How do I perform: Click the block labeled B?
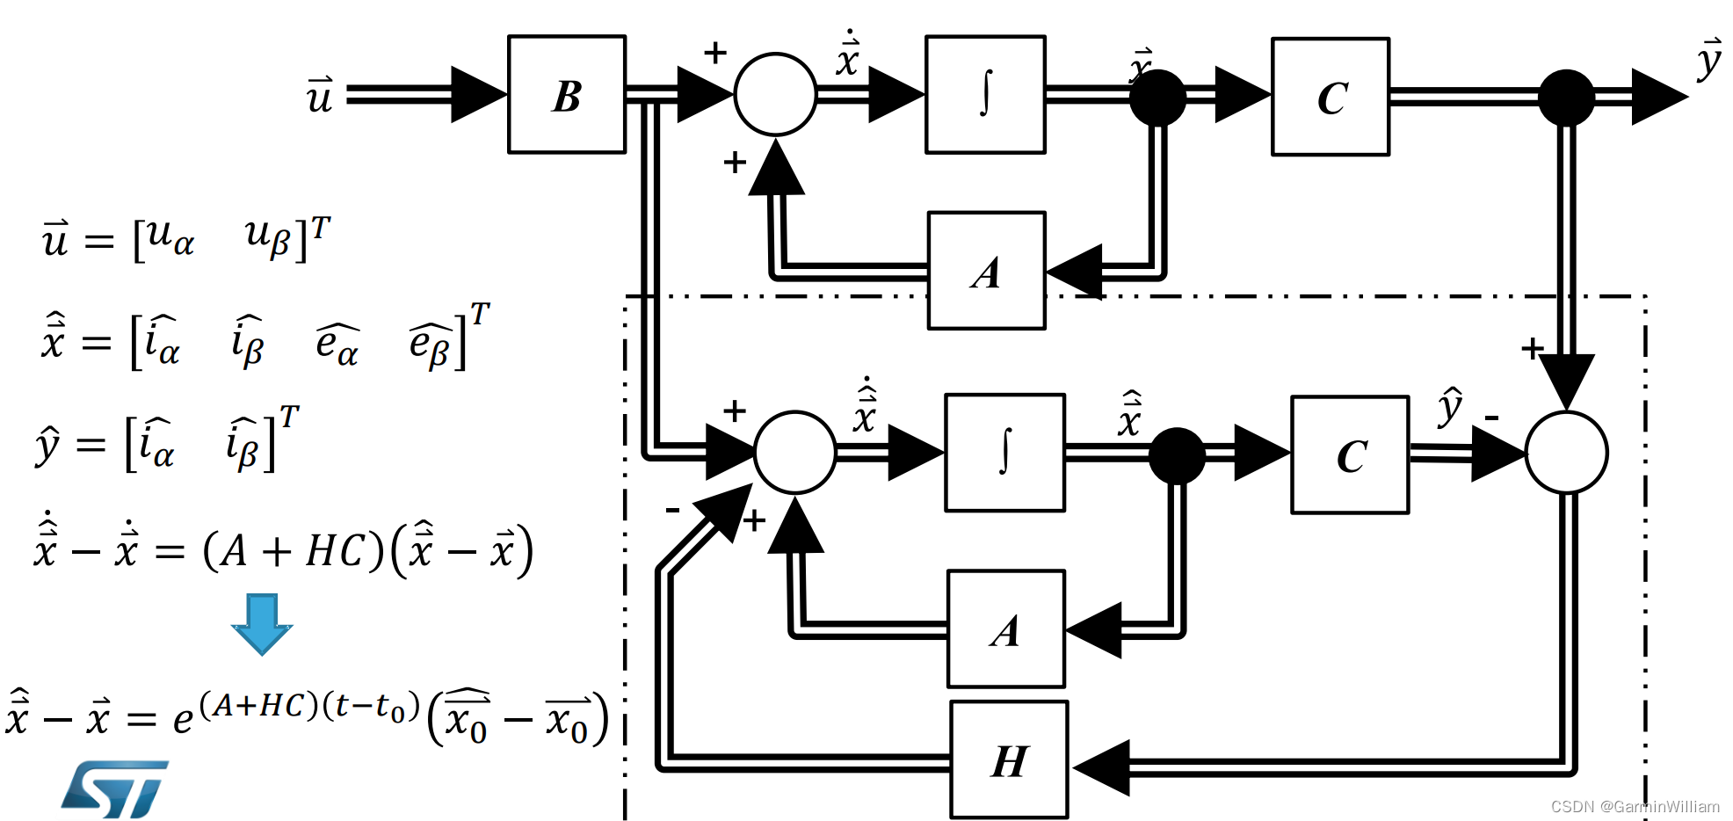567,95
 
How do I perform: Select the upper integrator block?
985,95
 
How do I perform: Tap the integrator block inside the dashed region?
1004,453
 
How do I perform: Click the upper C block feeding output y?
1331,97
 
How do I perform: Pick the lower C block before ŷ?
1350,454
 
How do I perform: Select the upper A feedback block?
986,271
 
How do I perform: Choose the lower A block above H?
1005,629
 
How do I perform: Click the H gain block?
1009,760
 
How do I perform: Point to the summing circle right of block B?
775,95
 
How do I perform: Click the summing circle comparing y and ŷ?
1566,453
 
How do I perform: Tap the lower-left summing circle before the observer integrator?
794,453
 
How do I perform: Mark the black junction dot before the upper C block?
1157,98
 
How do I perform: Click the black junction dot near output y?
1566,98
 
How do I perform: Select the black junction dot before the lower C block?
1177,455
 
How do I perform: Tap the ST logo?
115,788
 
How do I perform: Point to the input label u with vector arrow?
319,95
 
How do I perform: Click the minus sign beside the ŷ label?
1491,417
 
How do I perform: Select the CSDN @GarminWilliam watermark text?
1635,806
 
